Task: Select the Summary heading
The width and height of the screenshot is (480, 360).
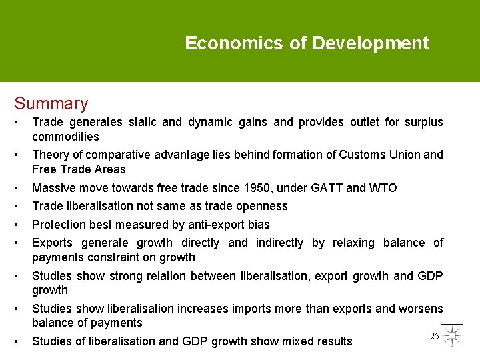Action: pos(51,103)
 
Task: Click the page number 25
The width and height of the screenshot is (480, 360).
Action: pos(434,337)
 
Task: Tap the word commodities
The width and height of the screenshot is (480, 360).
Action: pos(65,137)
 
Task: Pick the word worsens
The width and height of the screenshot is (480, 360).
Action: pos(421,308)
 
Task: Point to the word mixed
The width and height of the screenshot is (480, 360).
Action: pos(271,341)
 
